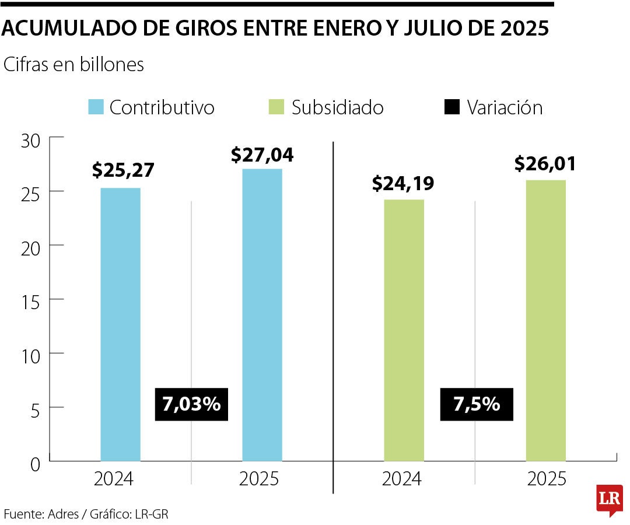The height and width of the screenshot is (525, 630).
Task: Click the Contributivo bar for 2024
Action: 120,324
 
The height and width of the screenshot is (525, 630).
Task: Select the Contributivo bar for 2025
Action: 262,315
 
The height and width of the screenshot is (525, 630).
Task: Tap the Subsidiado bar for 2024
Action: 404,330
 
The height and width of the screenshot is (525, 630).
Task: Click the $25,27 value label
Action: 123,170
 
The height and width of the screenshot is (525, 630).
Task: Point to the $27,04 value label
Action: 262,155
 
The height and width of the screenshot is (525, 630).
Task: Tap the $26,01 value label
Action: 545,164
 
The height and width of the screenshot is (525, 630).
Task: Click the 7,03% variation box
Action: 191,404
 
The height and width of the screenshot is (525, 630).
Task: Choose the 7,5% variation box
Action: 477,404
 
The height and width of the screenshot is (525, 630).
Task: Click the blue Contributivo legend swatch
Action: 96,107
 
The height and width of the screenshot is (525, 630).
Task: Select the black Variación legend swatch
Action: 452,107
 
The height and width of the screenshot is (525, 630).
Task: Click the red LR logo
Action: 609,499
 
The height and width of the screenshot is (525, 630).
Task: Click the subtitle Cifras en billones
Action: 73,65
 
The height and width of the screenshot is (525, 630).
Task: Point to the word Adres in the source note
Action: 62,514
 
